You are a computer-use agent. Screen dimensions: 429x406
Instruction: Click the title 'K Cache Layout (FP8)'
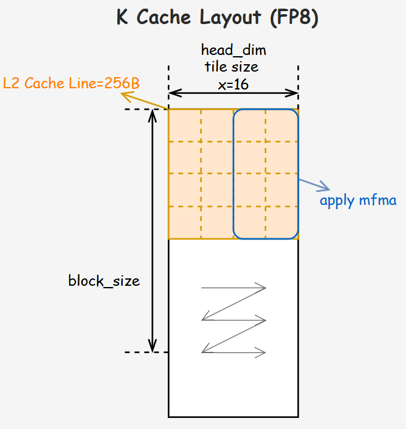click(217, 19)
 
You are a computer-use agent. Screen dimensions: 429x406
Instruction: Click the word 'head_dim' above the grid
click(233, 50)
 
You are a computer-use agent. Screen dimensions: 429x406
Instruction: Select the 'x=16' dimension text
click(233, 84)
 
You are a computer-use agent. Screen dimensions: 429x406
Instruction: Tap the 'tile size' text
click(232, 67)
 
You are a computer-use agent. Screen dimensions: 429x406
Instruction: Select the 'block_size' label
click(104, 281)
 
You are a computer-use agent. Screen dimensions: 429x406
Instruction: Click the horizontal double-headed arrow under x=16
click(233, 94)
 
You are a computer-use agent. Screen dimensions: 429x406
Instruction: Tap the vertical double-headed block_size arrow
click(152, 231)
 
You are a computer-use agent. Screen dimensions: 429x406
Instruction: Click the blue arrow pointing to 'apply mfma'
click(315, 185)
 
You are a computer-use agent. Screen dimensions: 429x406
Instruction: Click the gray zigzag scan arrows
click(234, 320)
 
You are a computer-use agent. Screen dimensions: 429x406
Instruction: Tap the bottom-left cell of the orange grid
click(185, 222)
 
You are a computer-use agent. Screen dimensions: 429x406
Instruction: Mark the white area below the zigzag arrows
click(233, 389)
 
